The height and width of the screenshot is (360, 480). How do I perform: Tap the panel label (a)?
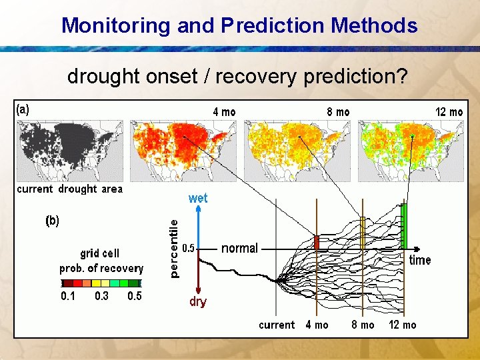23,110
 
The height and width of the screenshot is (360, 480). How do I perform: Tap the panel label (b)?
52,221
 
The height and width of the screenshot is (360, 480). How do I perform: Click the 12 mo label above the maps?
449,112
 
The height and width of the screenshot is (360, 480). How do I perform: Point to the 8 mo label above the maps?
338,112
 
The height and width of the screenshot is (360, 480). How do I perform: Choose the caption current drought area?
70,189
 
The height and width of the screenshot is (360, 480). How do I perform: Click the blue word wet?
198,198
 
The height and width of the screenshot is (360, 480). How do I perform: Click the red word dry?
198,302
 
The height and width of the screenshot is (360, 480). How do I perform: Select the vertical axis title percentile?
173,249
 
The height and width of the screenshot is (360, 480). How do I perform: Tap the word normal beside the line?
239,248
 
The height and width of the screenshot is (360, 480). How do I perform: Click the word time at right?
420,260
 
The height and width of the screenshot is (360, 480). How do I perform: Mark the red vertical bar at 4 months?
317,242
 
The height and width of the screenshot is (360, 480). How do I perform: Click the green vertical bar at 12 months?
403,225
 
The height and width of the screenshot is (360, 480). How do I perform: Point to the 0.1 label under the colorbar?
69,297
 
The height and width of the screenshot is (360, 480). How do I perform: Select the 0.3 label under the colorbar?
101,297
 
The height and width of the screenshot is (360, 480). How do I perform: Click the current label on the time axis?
277,325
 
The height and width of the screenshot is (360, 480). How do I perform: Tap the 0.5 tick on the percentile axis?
189,249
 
